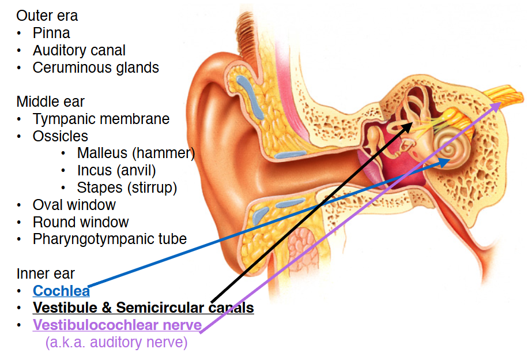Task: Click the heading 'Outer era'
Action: [47, 16]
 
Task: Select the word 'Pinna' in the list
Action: [51, 33]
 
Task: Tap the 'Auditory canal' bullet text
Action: [79, 50]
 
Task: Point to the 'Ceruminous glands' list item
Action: [96, 67]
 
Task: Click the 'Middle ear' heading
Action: [50, 102]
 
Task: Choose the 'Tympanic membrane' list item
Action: [101, 119]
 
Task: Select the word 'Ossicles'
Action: [60, 136]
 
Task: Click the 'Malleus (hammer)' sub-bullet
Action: [135, 153]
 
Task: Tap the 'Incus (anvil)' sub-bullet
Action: [116, 171]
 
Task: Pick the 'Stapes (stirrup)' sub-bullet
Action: [127, 187]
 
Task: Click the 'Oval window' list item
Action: [74, 205]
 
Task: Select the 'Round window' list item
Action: [81, 222]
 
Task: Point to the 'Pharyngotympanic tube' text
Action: [110, 239]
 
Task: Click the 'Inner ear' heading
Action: [46, 273]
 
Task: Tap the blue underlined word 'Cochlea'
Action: [61, 291]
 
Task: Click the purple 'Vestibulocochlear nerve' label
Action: [117, 325]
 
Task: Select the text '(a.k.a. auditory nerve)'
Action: [116, 342]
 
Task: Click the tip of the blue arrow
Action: [448, 162]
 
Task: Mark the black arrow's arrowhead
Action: [412, 123]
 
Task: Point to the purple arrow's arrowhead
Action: [499, 103]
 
